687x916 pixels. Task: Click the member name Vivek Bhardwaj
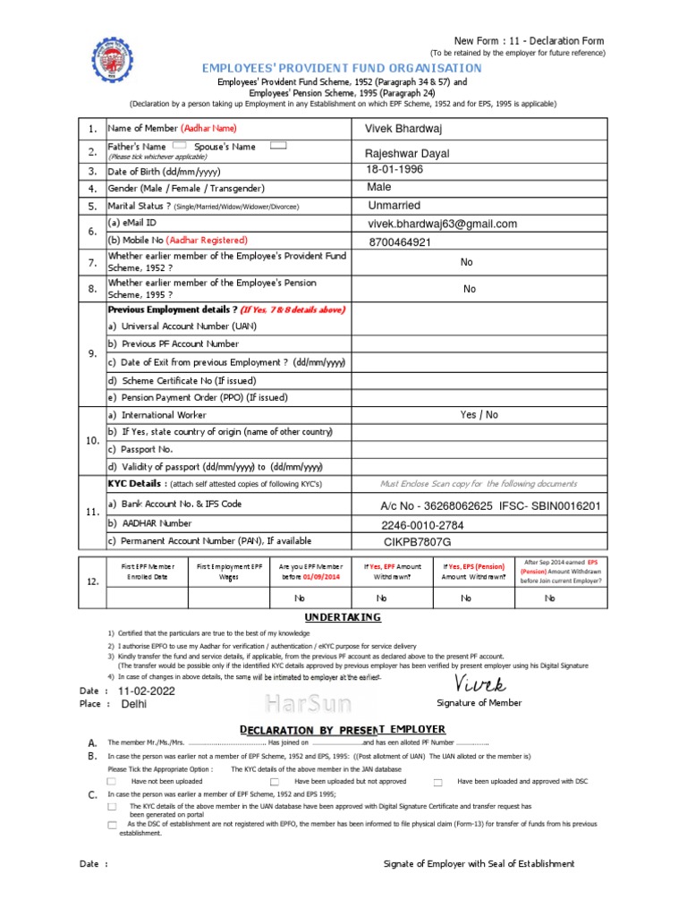403,129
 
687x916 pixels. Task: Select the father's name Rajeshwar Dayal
406,154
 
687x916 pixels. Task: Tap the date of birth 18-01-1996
394,170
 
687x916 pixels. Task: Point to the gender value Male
379,188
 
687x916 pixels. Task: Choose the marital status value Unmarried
394,206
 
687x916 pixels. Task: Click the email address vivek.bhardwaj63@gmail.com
443,224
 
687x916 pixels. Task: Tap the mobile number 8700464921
399,242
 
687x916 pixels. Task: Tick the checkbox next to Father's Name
179,145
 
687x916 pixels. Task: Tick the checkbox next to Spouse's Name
277,145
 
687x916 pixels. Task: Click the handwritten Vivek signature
480,685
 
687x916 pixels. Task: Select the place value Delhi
134,704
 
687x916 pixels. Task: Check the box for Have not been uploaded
112,782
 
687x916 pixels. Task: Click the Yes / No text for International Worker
479,415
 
